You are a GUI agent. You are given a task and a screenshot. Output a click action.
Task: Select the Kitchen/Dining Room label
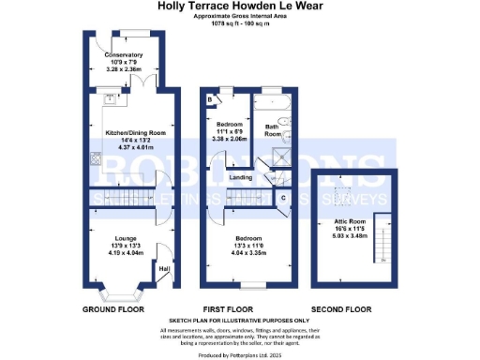pos(131,133)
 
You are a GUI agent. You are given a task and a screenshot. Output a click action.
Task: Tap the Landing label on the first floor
pos(240,178)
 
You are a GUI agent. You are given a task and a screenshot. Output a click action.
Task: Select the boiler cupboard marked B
pos(210,98)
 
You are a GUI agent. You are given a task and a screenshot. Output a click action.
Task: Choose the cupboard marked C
pos(283,199)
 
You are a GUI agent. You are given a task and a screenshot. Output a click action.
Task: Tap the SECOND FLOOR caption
pos(352,308)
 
